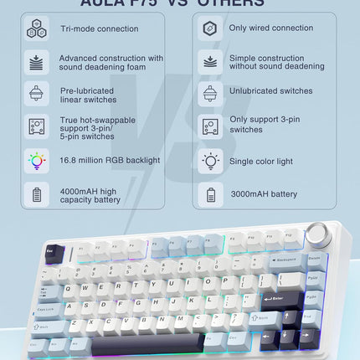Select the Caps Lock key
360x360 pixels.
pos(47,309)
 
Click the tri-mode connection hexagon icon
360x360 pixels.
pos(36,28)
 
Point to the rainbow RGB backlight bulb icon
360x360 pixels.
pos(36,160)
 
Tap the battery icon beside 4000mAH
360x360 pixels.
pos(36,195)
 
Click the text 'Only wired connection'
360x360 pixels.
pos(270,28)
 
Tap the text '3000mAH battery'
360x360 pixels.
pos(264,194)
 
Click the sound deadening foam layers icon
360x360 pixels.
pos(36,61)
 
